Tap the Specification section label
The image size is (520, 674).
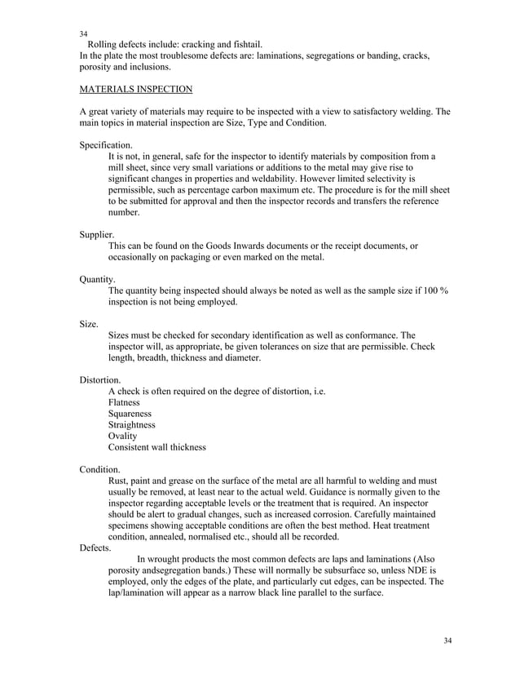tap(106, 144)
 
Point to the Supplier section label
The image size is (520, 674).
tap(97, 233)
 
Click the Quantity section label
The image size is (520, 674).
tap(97, 278)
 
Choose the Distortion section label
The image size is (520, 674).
tap(100, 380)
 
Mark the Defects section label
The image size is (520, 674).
tap(95, 548)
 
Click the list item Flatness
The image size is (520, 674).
tap(124, 403)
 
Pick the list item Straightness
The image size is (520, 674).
tap(132, 425)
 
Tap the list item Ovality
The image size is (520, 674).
tap(122, 437)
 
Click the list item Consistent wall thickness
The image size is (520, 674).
tap(156, 448)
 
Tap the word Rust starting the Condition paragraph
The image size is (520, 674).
tap(119, 481)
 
